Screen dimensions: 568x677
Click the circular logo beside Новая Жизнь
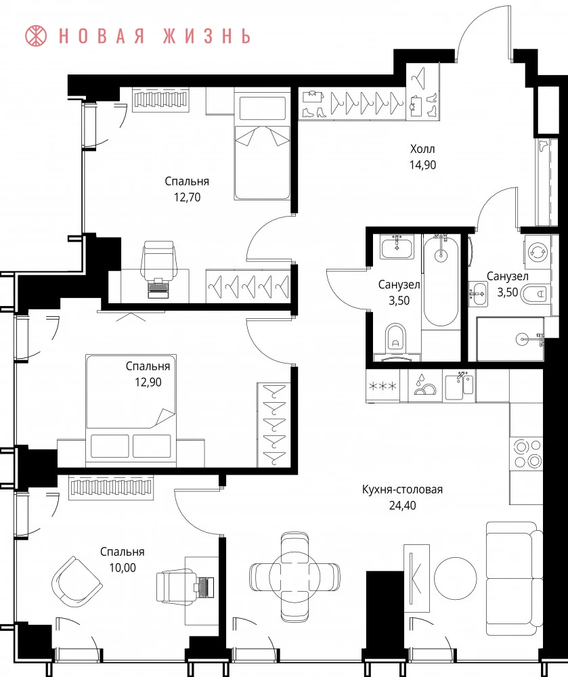(36, 36)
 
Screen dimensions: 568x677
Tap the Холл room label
(422, 150)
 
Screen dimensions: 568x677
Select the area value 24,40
(402, 505)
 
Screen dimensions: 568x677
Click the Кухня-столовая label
(402, 489)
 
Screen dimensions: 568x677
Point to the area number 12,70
(187, 197)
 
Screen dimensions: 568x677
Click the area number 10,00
(123, 567)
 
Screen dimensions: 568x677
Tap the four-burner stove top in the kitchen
(526, 454)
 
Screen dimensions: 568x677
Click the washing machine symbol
(538, 252)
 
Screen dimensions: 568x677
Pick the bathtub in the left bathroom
(440, 281)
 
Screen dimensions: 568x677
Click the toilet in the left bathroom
(396, 336)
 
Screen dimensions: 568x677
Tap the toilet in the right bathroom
(534, 294)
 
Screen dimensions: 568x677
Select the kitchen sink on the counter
(459, 386)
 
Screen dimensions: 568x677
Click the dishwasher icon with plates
(425, 386)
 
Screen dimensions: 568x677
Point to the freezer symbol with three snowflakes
(383, 386)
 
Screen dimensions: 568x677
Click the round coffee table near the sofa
(455, 578)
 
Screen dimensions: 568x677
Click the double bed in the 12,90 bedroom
(131, 410)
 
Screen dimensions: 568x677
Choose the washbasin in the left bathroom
(397, 247)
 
